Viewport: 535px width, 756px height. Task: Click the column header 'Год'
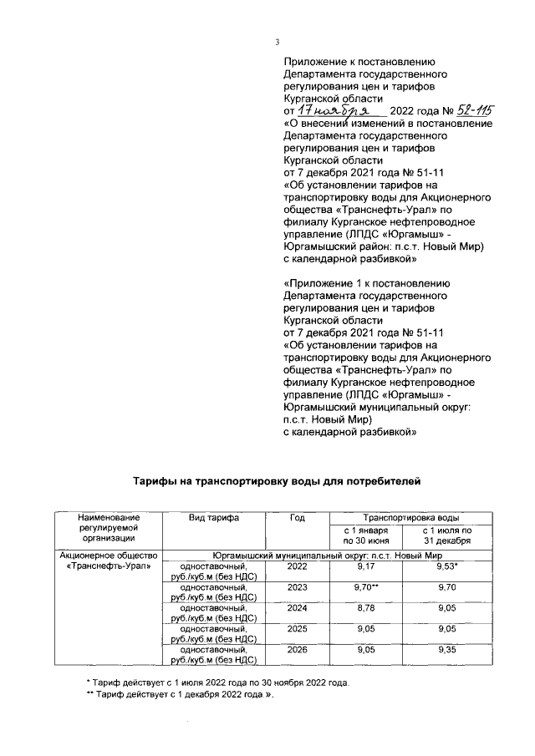(x=297, y=518)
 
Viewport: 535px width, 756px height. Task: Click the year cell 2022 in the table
(x=297, y=566)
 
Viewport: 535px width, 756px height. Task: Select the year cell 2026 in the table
(x=297, y=648)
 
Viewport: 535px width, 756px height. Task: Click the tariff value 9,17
(x=366, y=566)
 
